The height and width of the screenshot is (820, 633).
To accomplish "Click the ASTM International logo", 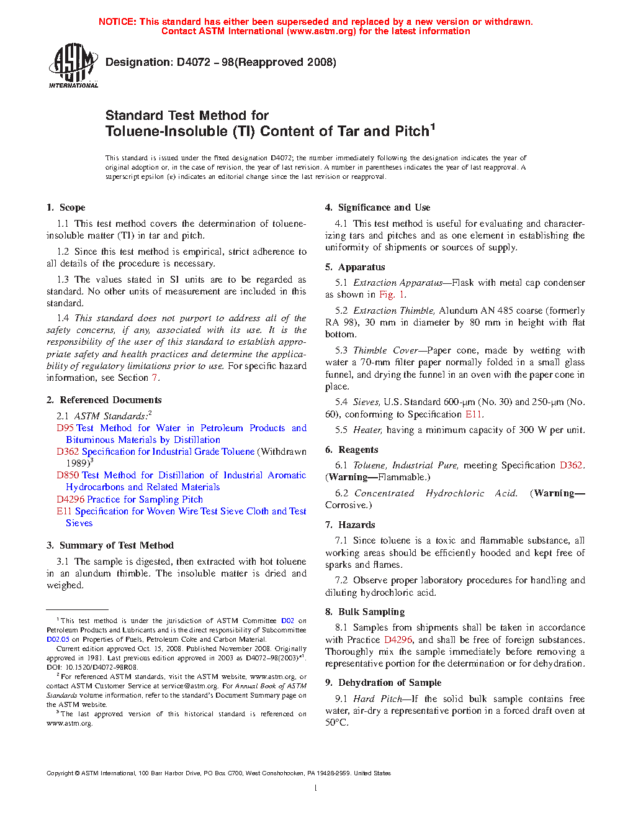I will pos(73,65).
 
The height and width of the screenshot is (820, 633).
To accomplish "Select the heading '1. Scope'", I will pos(66,207).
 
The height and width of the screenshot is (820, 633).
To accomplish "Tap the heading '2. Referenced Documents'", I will pos(104,400).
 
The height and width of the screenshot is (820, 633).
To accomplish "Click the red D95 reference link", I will pos(65,428).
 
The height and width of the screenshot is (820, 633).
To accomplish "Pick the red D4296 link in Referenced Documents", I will pos(70,499).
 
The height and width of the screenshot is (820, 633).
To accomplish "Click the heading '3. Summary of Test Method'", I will pos(110,545).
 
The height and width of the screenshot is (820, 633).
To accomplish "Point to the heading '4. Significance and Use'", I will pos(377,207).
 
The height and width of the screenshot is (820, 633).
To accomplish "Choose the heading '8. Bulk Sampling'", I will pos(364,612).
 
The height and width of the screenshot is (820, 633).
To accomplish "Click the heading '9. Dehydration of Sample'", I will pos(383,683).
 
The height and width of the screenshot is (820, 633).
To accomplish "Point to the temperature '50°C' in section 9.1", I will pos(337,722).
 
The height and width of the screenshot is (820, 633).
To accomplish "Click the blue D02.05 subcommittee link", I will pos(58,639).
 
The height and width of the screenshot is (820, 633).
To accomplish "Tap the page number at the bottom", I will pos(316,788).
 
